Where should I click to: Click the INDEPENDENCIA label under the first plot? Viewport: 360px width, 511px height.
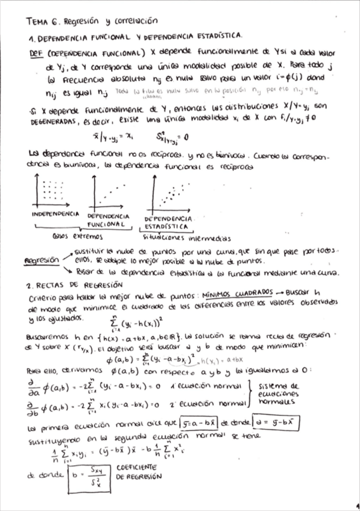point(55,214)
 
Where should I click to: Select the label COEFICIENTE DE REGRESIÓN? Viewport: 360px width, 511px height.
point(138,472)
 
